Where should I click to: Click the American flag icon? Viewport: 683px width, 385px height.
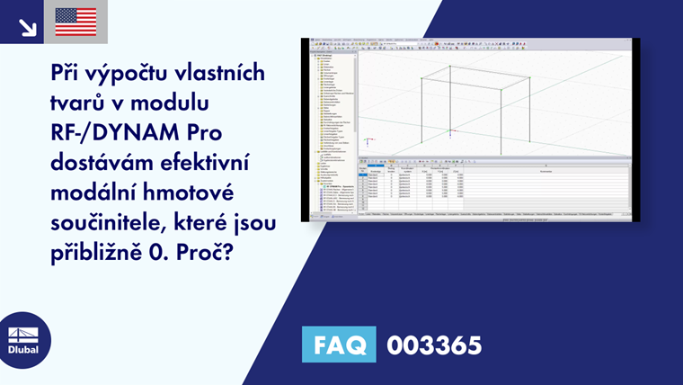click(x=75, y=22)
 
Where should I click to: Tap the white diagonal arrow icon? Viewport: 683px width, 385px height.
click(x=27, y=25)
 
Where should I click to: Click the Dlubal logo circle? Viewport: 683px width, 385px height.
click(x=22, y=339)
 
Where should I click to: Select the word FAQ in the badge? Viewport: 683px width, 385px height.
click(x=341, y=345)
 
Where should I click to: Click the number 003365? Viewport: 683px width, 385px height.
click(x=434, y=345)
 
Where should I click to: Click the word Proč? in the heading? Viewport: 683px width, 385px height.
click(x=208, y=249)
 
